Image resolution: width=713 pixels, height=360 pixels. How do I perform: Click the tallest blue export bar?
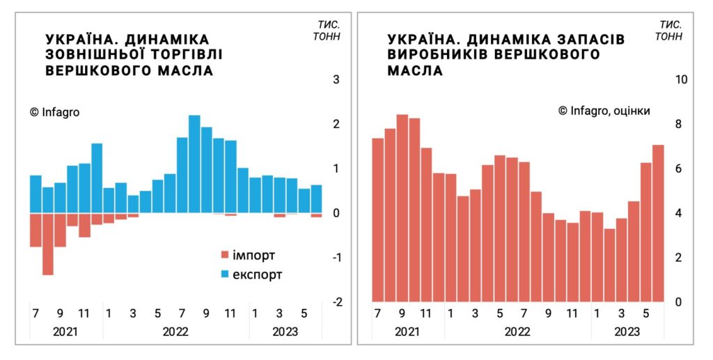pos(194,164)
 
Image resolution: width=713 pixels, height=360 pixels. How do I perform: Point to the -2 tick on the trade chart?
pos(337,302)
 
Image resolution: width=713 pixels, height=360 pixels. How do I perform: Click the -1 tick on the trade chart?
pos(337,258)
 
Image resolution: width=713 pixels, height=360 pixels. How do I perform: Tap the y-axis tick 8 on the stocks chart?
pos(678,124)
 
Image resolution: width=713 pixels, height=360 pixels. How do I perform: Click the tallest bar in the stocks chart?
pos(402,208)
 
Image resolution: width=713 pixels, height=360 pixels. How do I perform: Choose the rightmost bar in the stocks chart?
pos(658,223)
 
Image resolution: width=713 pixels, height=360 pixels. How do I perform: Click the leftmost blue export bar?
pos(36,194)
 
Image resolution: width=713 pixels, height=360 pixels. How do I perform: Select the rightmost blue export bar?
pos(316,199)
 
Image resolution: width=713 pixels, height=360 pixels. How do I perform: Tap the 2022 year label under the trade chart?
pos(175,331)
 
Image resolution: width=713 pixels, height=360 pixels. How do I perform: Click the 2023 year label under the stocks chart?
pos(627,331)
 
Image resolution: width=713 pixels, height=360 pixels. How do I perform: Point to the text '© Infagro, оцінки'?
pos(604,111)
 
